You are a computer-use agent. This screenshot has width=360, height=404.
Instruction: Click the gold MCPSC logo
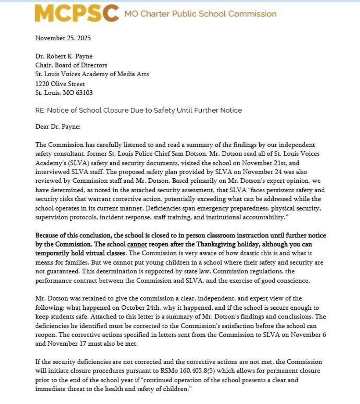pyautogui.click(x=77, y=14)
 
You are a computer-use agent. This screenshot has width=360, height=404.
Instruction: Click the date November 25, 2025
pyautogui.click(x=63, y=38)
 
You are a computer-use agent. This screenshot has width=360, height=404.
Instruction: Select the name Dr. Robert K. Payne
pyautogui.click(x=64, y=56)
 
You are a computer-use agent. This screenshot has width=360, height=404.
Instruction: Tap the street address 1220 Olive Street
pyautogui.click(x=60, y=84)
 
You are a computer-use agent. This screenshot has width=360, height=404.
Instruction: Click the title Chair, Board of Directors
pyautogui.click(x=71, y=65)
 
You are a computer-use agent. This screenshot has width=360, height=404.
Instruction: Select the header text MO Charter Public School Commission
pyautogui.click(x=200, y=14)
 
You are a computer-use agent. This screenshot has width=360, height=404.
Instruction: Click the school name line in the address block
pyautogui.click(x=92, y=74)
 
